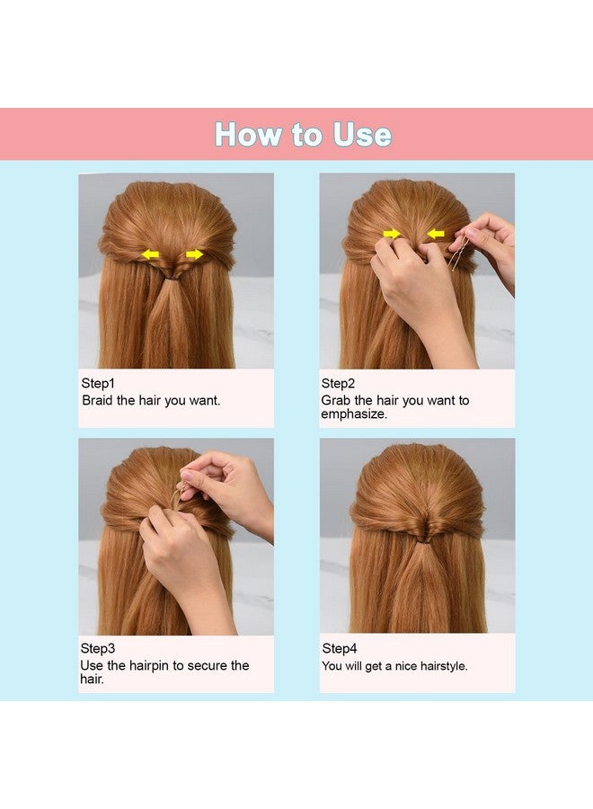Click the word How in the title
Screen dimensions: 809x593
tap(247, 135)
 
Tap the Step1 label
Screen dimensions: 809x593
tap(98, 384)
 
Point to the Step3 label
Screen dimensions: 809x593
tap(98, 648)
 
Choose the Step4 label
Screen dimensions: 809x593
tap(339, 648)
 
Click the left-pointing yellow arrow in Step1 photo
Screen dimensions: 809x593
tap(150, 254)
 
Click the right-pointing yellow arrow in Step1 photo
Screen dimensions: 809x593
tap(194, 254)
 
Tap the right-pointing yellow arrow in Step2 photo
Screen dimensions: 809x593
tap(392, 234)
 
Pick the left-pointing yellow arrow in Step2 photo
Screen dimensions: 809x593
tap(436, 234)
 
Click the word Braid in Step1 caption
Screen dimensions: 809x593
tap(98, 400)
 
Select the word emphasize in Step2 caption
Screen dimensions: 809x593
tap(354, 414)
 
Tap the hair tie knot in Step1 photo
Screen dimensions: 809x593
tap(171, 278)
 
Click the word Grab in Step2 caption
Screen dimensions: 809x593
tap(336, 400)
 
